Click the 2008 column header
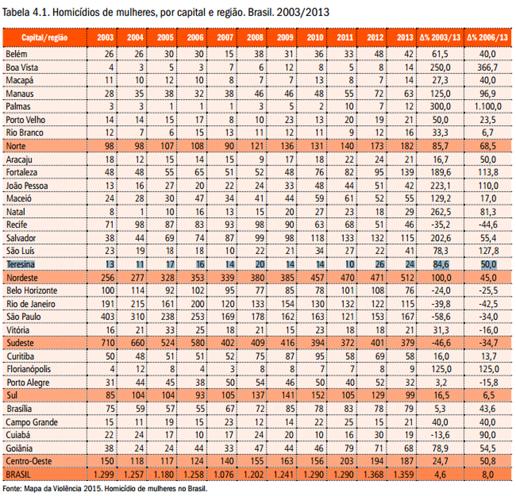click(255, 38)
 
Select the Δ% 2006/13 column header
click(487, 38)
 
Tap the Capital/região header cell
click(45, 38)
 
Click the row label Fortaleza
click(22, 172)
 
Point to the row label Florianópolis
click(29, 369)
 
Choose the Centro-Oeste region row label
click(29, 461)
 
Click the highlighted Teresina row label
click(21, 264)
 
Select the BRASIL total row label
click(18, 475)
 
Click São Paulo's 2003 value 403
click(107, 316)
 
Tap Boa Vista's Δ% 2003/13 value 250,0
click(440, 67)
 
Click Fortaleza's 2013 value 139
click(407, 172)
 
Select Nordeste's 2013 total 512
click(407, 278)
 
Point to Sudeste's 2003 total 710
click(107, 343)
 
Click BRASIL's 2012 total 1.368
click(375, 475)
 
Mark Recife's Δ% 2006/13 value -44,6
click(488, 225)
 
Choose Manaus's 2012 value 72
click(379, 94)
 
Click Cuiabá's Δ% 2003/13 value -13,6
click(440, 435)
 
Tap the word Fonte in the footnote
click(12, 488)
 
